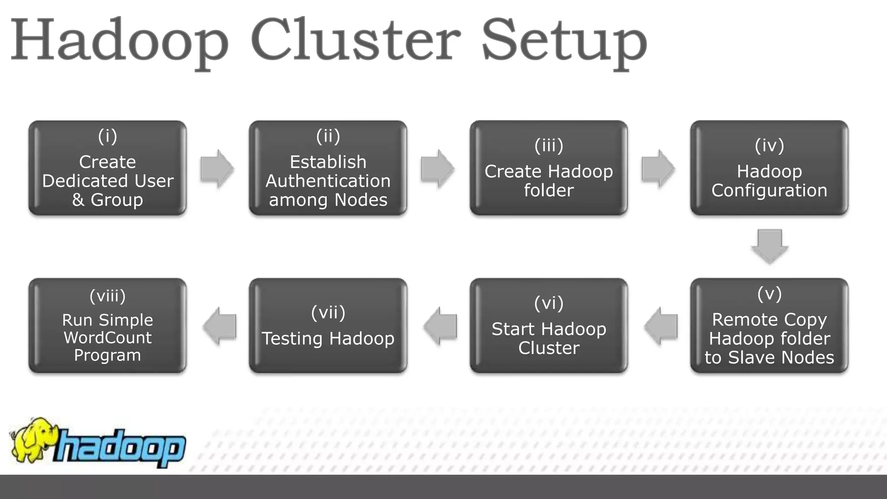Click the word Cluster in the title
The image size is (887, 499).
click(x=355, y=41)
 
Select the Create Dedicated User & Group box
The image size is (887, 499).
click(x=107, y=168)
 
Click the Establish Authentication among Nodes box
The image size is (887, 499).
click(x=328, y=168)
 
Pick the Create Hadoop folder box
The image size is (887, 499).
click(x=549, y=168)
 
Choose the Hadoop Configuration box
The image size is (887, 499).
click(x=769, y=168)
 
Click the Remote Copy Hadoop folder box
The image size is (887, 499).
click(x=769, y=326)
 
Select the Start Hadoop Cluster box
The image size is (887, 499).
click(x=549, y=326)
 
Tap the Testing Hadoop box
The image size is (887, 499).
click(x=328, y=326)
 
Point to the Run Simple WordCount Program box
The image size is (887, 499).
click(x=107, y=326)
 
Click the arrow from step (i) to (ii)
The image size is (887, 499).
click(x=217, y=168)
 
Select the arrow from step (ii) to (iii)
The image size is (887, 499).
click(x=437, y=168)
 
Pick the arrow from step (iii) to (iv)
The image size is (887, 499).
click(x=658, y=168)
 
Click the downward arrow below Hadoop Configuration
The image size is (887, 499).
click(x=770, y=246)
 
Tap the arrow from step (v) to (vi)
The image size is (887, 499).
click(x=661, y=326)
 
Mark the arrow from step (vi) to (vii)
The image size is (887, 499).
click(x=440, y=326)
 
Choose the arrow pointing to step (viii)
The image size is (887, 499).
click(x=220, y=326)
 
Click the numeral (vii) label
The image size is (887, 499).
click(x=328, y=312)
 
